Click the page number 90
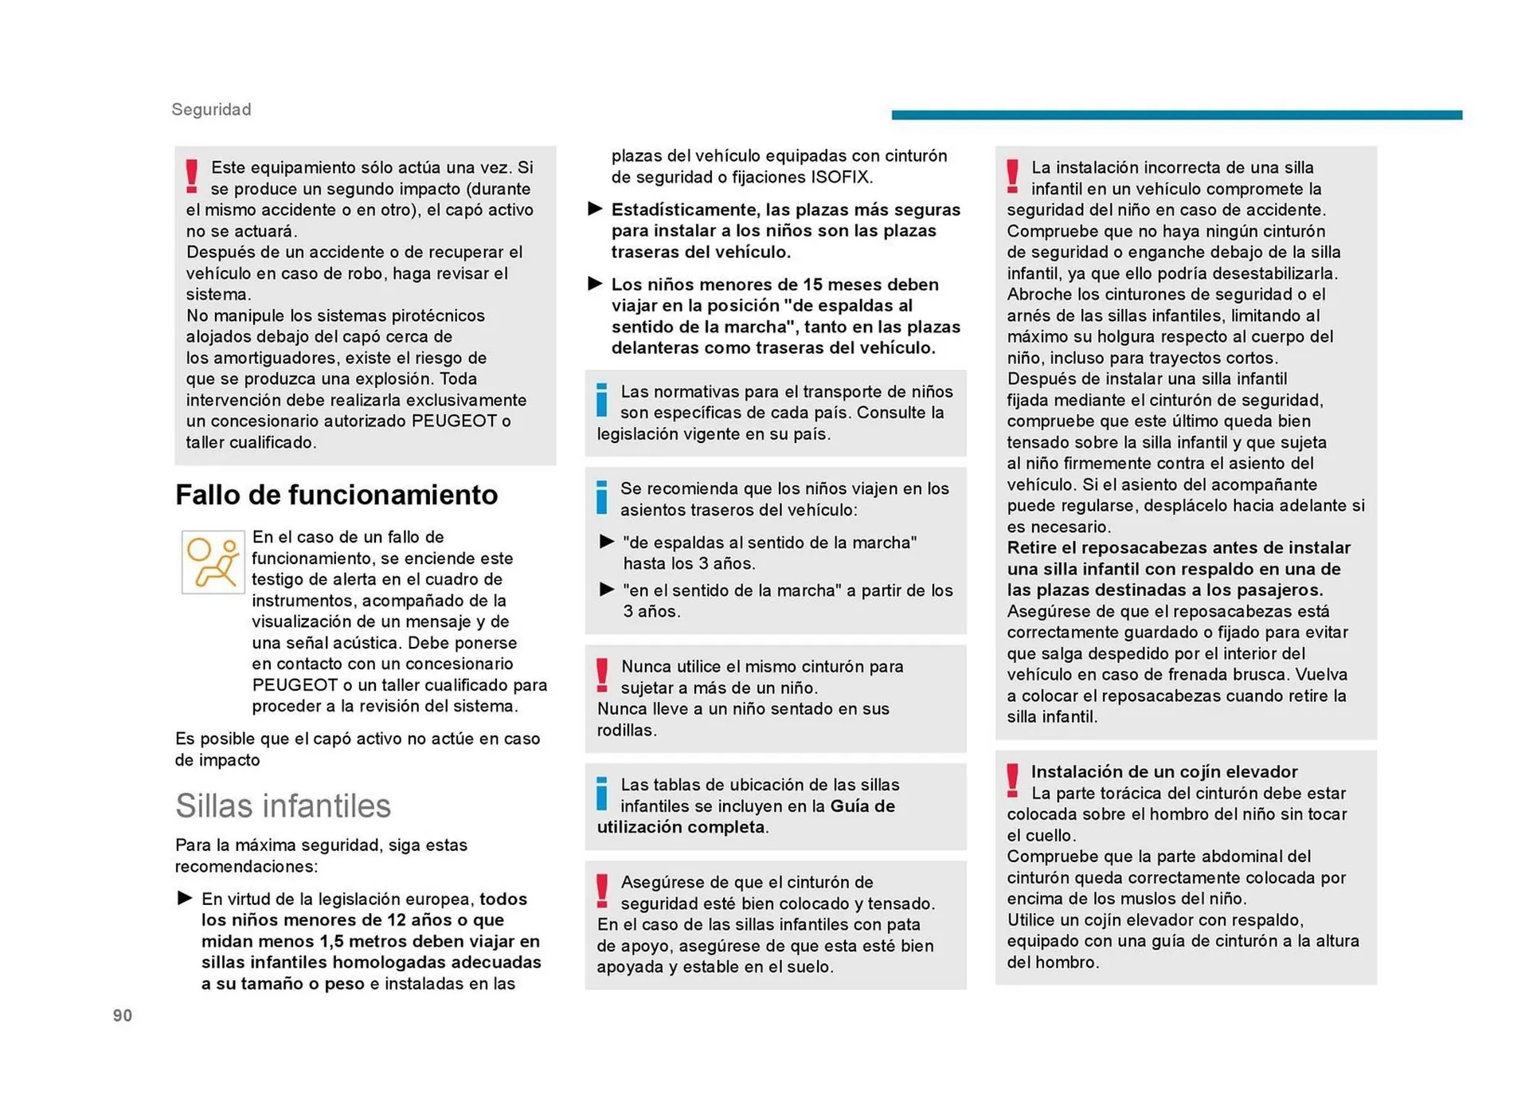123,1015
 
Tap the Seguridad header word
211,109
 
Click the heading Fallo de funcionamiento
336,495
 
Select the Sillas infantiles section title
283,805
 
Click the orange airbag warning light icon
213,562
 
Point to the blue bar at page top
1176,115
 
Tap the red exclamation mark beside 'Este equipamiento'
192,176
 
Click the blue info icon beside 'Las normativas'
602,400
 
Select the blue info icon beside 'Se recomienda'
602,497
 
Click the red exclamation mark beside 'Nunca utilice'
603,676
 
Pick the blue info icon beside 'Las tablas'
602,794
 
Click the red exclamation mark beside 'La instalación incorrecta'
1012,176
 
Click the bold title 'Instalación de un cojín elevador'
1163,771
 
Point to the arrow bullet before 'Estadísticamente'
595,209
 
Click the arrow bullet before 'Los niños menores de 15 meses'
595,284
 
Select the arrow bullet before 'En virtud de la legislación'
185,898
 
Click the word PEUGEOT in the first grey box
454,421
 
